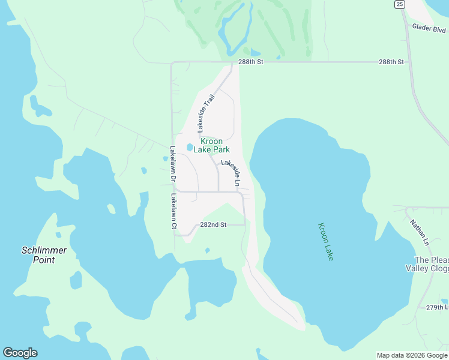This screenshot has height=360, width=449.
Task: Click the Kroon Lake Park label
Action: point(211,145)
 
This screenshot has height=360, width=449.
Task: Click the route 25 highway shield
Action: point(400,4)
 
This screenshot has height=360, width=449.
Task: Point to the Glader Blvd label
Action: point(429,28)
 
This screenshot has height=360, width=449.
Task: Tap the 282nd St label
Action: point(212,225)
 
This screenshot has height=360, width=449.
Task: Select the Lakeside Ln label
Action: point(232,172)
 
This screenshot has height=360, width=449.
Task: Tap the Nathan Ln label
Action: point(419,232)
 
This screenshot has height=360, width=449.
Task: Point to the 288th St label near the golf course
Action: point(250,62)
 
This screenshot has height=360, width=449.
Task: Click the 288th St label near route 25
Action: point(391,62)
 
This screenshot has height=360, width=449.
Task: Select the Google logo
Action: point(20,353)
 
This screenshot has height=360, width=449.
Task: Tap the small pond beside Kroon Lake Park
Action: point(190,147)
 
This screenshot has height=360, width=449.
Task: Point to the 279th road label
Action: point(437,307)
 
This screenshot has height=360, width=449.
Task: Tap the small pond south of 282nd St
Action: point(207,250)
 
